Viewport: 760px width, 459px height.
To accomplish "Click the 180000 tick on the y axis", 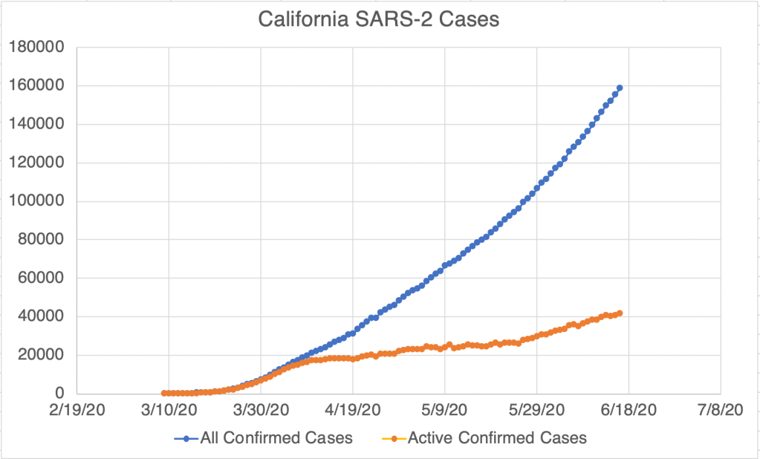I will [x=37, y=48].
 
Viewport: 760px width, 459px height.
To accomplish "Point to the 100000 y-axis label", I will [x=37, y=201].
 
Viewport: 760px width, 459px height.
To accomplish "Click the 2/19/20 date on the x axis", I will [x=77, y=409].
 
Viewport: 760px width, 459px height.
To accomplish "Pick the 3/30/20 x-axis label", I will [x=261, y=409].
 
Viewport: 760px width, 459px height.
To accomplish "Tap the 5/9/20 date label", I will [x=444, y=409].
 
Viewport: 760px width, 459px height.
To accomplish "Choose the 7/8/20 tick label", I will [x=720, y=409].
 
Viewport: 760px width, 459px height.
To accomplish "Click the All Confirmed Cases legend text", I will [x=276, y=438].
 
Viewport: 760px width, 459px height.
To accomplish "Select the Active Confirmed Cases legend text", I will [x=497, y=438].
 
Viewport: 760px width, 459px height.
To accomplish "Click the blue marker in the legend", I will [x=186, y=438].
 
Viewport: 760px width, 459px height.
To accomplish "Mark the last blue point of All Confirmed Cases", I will [x=620, y=88].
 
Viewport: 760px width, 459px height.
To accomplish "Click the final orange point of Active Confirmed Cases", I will [x=620, y=313].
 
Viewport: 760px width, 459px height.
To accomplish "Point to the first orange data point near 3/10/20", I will [x=164, y=393].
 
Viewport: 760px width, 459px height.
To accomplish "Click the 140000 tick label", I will [x=37, y=125].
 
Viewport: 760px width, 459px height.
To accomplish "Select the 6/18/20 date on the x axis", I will [x=628, y=409].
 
